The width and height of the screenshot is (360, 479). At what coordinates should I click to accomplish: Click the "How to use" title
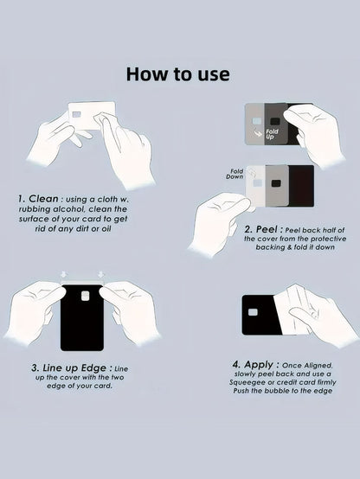tap(178, 74)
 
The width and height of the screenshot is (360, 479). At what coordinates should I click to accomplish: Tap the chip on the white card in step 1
tap(76, 114)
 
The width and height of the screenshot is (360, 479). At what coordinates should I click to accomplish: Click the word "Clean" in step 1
tap(43, 199)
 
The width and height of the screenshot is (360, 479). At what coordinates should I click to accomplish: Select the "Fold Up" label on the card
tap(272, 134)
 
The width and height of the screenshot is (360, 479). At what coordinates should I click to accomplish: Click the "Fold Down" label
tap(235, 174)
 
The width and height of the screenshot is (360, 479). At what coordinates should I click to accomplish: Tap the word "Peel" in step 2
tap(267, 229)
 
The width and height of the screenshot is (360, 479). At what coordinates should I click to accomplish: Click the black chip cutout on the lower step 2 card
tap(276, 183)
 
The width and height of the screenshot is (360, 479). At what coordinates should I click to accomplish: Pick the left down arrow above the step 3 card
tap(64, 274)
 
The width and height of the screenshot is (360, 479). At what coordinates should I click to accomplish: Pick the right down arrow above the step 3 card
tap(101, 274)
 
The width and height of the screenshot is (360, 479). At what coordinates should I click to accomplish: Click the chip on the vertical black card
tap(86, 296)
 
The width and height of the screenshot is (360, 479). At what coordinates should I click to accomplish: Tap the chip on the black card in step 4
tap(253, 312)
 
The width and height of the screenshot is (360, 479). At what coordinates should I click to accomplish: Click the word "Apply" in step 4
tap(259, 365)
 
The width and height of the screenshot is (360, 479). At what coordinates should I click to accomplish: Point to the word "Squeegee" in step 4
tap(243, 382)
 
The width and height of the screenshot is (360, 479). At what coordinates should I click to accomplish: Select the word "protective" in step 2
tap(329, 239)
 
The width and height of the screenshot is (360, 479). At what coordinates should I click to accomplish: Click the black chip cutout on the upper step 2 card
tap(276, 121)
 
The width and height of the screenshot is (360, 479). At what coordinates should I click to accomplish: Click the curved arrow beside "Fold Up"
tap(259, 133)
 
